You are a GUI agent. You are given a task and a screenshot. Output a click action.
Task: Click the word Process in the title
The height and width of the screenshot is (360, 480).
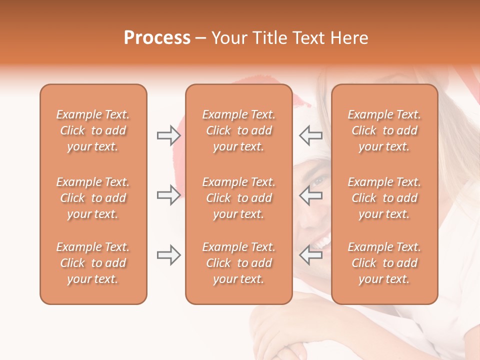[157, 38]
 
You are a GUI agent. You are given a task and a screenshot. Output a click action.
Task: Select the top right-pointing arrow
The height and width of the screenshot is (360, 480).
[168, 135]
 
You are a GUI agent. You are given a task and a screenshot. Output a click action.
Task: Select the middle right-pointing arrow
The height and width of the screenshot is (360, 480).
[168, 195]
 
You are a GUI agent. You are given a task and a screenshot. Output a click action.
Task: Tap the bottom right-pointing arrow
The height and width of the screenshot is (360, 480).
[168, 255]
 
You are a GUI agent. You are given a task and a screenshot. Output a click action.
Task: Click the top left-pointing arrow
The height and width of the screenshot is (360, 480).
[310, 135]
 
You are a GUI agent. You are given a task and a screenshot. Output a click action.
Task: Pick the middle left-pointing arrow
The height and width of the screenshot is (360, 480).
[310, 195]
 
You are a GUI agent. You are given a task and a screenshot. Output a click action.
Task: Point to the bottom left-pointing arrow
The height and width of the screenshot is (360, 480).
[310, 255]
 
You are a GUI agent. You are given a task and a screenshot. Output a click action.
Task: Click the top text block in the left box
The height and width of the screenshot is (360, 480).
[93, 130]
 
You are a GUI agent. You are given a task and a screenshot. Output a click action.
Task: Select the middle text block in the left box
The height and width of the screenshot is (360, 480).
[93, 198]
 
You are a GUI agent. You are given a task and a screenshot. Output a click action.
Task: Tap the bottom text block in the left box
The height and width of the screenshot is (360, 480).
[93, 263]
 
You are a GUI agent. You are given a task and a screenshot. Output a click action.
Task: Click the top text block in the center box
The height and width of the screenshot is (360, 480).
[238, 130]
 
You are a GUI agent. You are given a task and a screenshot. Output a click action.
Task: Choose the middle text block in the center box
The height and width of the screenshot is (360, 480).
[238, 198]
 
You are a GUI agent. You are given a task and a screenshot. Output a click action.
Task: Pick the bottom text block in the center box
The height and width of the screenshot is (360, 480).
[238, 263]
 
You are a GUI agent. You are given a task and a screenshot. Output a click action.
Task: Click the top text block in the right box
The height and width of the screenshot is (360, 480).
[384, 130]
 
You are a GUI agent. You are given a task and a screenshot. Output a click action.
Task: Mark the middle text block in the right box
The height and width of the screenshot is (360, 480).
[384, 198]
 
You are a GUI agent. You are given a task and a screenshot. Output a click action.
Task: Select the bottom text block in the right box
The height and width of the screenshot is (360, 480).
[384, 263]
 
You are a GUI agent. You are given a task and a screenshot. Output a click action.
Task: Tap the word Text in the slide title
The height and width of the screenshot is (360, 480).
[309, 38]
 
